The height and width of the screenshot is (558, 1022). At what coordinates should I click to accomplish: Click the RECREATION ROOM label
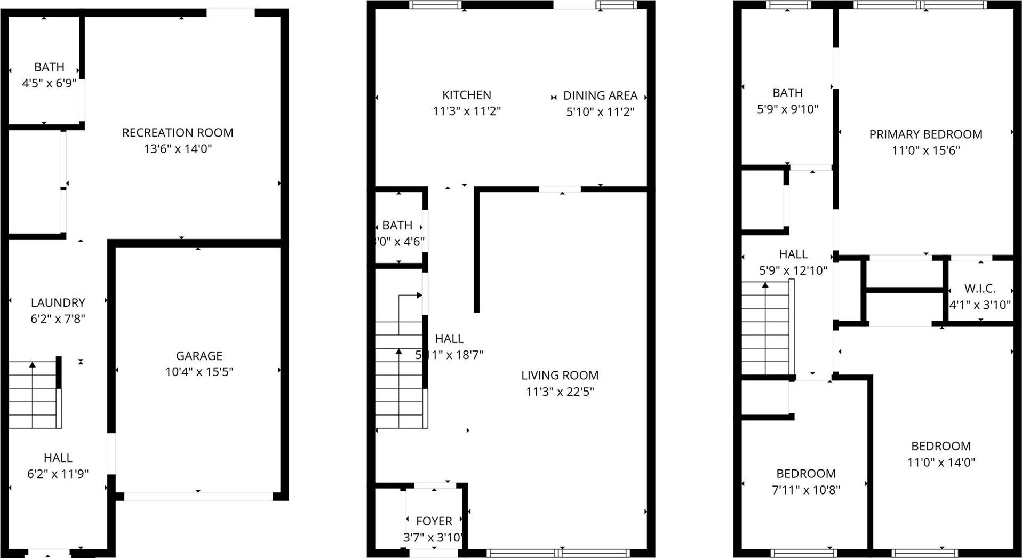point(178,133)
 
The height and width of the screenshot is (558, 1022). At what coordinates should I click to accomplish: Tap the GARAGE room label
point(199,356)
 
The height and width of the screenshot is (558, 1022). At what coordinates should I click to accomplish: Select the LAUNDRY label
point(58,303)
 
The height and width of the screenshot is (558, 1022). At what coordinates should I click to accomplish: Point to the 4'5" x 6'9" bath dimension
point(49,84)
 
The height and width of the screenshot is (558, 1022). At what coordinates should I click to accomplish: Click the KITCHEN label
point(466,95)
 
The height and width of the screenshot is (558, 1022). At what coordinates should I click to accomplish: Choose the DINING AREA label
point(600,95)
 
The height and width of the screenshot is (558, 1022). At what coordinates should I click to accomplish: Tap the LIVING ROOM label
point(560,376)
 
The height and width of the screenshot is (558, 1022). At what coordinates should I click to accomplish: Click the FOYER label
point(434,521)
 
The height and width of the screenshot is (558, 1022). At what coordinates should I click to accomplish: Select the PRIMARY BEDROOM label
point(925,134)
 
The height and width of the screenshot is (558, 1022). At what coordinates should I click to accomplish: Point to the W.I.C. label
point(980,289)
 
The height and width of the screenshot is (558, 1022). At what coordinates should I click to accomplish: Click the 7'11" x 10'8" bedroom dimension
point(805,490)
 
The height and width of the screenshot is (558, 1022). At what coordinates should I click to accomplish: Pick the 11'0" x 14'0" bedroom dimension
point(941,463)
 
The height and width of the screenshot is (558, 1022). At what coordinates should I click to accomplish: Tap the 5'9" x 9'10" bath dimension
point(787,109)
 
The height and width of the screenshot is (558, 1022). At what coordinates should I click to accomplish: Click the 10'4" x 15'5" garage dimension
point(199,372)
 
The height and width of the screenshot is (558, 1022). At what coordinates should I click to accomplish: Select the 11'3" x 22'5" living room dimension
point(560,392)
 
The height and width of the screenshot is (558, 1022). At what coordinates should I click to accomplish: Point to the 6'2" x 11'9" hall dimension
point(58,474)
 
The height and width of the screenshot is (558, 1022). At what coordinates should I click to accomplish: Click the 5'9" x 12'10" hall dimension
point(793,270)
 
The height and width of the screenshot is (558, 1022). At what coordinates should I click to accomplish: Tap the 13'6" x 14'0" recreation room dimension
point(178,149)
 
